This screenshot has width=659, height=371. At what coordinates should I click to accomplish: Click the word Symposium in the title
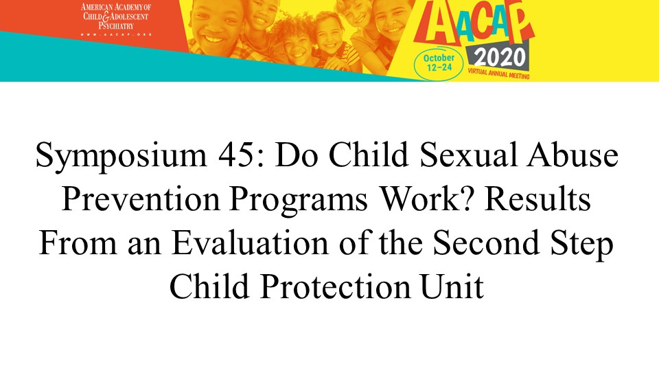(121, 155)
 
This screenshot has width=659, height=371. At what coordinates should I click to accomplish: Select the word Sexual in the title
(468, 155)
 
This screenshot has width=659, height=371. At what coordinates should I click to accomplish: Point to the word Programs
(298, 200)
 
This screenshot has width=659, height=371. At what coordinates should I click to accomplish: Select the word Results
(537, 199)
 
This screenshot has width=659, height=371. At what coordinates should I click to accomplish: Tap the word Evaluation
(250, 243)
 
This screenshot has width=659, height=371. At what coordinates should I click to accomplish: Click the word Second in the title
(486, 243)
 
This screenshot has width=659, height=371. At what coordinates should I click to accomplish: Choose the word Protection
(335, 286)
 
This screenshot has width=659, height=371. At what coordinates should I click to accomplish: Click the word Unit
(452, 286)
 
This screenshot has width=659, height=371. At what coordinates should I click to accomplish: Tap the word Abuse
(573, 155)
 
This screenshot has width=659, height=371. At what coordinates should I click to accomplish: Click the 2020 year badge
(500, 58)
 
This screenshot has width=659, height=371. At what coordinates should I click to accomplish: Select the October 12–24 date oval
(439, 63)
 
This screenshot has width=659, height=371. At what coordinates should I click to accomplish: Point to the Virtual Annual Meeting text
(498, 74)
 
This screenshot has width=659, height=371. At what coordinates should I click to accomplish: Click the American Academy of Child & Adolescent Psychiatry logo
(116, 19)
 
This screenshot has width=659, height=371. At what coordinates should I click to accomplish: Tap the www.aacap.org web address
(116, 34)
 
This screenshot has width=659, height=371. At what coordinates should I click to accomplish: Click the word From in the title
(78, 243)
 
